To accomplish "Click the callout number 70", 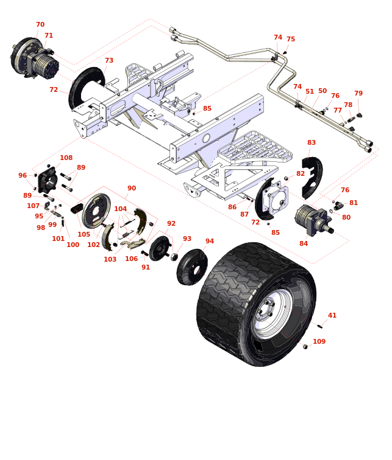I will (40, 25).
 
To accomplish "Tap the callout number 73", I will (109, 61).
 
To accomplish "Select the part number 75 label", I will (291, 40).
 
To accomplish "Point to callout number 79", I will (358, 94).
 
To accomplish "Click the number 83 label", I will (312, 143).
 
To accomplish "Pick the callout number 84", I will (304, 244).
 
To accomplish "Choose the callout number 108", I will (66, 158).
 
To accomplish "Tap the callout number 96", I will (23, 176).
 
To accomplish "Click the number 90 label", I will (132, 189).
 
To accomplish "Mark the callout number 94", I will (210, 242).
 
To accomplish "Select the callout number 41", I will (332, 316).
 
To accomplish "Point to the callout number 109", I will (319, 342).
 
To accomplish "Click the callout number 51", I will (310, 92).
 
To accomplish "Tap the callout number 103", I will (110, 260).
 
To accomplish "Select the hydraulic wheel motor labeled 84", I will (312, 220).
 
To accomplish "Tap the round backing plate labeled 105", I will (96, 211).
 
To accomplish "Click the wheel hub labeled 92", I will (160, 248).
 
